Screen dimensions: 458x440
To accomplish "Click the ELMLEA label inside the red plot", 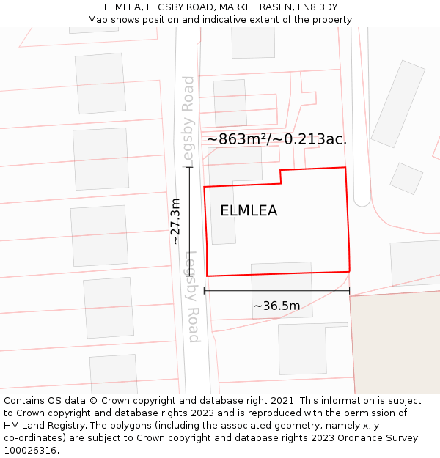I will click(x=249, y=211).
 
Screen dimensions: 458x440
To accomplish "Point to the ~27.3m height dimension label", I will click(x=175, y=221).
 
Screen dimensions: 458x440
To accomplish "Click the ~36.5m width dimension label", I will click(x=276, y=306).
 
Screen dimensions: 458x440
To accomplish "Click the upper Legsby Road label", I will click(x=188, y=121).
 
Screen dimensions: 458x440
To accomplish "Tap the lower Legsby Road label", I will click(x=192, y=297).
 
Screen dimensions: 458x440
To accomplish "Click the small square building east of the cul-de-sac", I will click(x=406, y=178).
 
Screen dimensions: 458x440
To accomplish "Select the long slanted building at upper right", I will click(x=398, y=104).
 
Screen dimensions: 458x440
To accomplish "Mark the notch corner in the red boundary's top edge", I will click(x=281, y=171).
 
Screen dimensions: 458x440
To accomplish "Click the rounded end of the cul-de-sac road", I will click(x=362, y=199).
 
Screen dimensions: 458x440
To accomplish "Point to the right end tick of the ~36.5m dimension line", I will click(x=349, y=291).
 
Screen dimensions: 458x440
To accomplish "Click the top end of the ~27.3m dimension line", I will click(x=190, y=168).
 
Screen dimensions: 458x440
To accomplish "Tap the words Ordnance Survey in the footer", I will click(x=381, y=438).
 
